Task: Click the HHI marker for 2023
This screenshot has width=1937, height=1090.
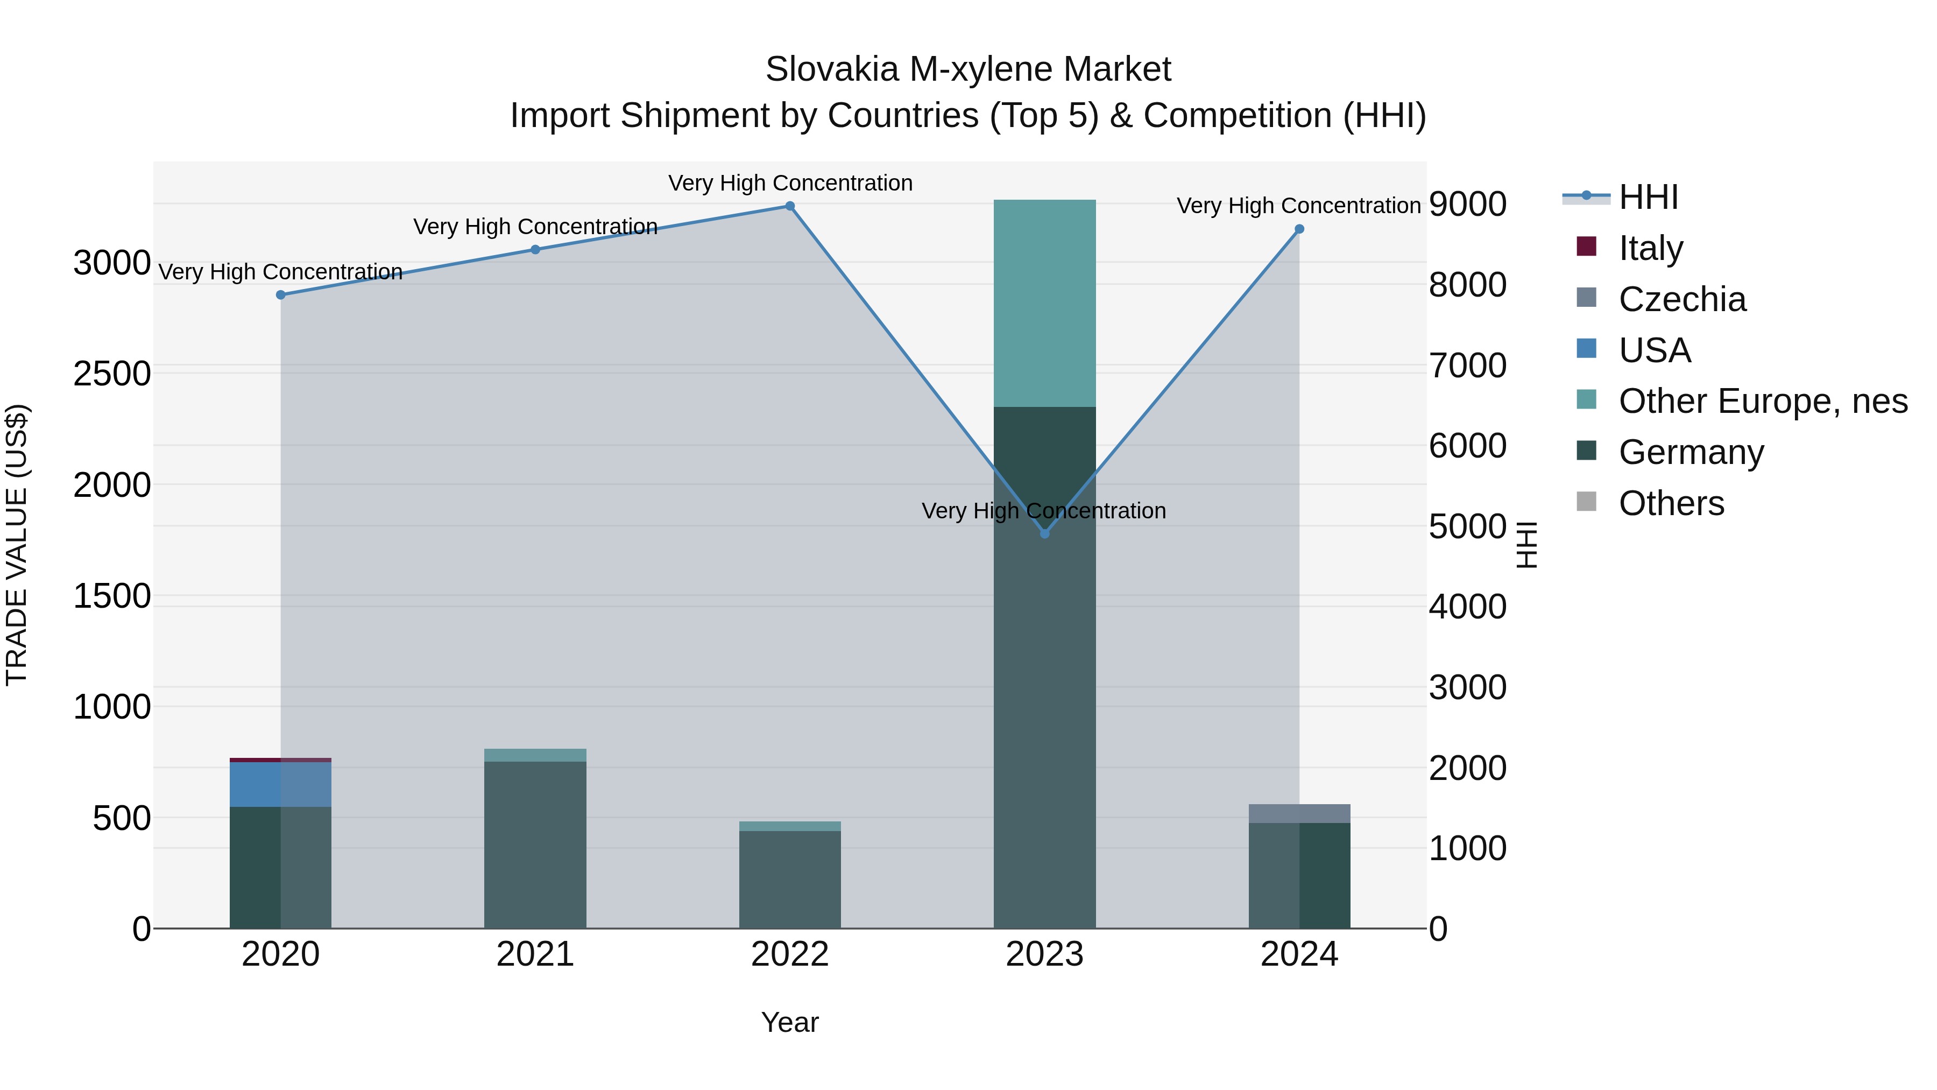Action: tap(1044, 533)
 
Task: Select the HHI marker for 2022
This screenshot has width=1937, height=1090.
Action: tap(790, 206)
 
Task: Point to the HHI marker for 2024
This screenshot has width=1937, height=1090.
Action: tap(1299, 229)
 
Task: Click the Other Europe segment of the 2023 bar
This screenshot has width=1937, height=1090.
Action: tap(1044, 303)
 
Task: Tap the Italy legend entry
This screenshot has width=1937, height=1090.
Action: tap(1651, 248)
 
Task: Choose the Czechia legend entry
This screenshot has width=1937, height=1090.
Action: tap(1682, 299)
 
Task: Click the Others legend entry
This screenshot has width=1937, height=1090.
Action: tap(1671, 503)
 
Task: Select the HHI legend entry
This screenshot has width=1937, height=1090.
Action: tap(1648, 197)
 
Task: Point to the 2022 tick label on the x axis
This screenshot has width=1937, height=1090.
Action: tap(790, 954)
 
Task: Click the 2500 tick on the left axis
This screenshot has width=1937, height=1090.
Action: tap(111, 374)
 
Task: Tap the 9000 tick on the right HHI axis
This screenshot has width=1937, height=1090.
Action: tap(1467, 204)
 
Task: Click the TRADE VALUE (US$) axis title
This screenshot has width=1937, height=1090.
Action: tap(17, 545)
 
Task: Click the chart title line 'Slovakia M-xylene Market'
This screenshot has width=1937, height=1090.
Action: tap(968, 69)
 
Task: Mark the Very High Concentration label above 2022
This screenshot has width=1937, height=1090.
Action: tap(790, 183)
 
